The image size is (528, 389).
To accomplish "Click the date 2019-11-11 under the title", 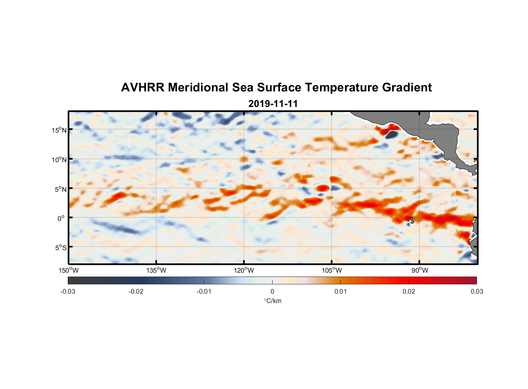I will point(273,104).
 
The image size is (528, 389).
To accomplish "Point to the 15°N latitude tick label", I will point(59,130).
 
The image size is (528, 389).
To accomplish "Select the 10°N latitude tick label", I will point(59,159).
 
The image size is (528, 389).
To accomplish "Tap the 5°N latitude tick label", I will point(60,189).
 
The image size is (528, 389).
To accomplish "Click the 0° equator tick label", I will point(61,218).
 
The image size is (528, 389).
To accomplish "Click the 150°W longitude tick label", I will point(69,270).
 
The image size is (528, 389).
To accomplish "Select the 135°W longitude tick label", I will point(156,270).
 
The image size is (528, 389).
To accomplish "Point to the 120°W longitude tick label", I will point(244,270).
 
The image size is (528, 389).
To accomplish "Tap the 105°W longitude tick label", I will point(332,270).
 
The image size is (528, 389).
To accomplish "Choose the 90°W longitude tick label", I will point(420,270).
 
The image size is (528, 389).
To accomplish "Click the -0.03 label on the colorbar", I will point(68,291).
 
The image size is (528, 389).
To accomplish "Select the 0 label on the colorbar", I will point(272,291).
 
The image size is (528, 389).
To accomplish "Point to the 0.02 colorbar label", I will point(408,291).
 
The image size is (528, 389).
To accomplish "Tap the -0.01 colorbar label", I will point(204,291).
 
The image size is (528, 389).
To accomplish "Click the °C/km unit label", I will point(272,301).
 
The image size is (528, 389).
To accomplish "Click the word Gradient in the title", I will point(407,88).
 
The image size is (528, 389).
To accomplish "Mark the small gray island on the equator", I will point(412,220).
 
